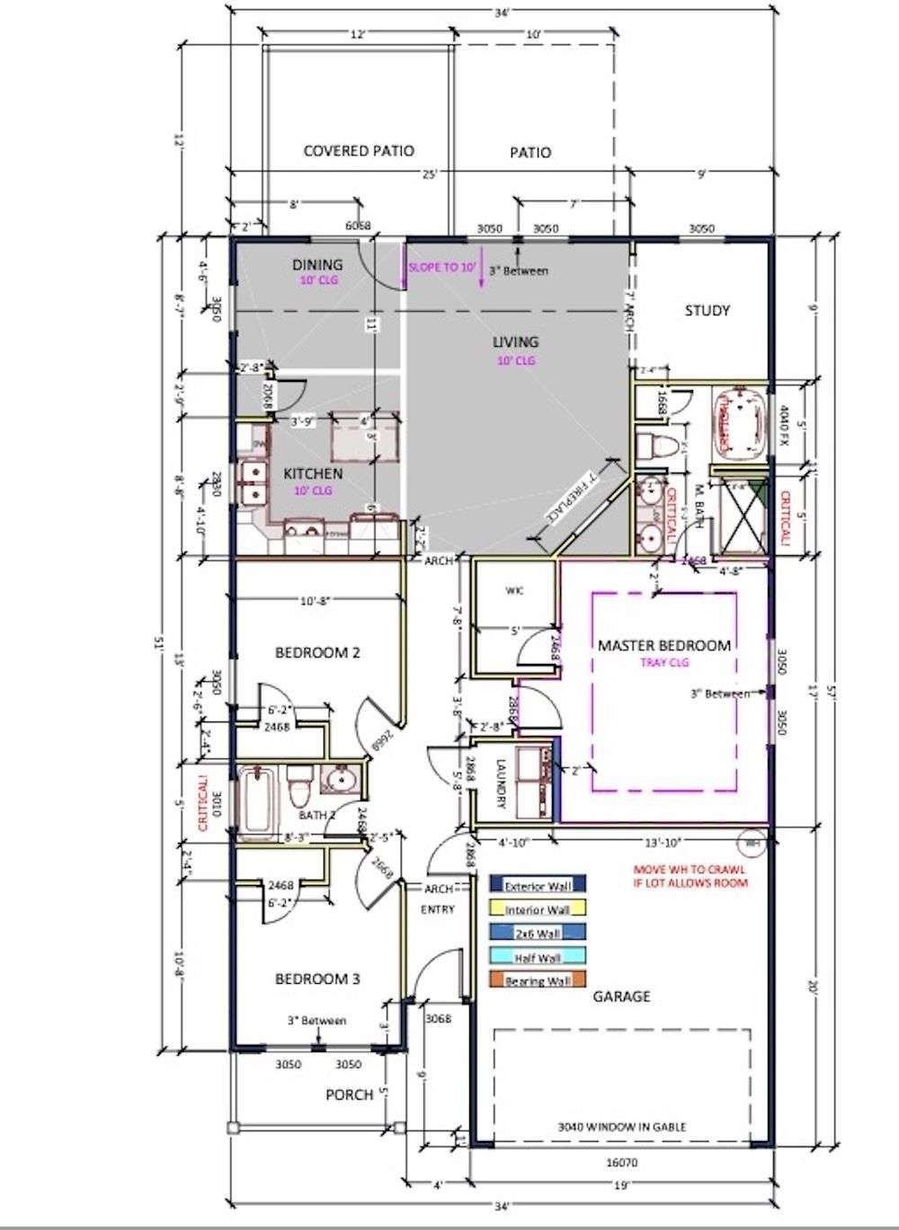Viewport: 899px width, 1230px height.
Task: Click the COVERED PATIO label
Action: pyautogui.click(x=359, y=151)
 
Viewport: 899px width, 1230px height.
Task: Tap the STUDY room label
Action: pyautogui.click(x=708, y=311)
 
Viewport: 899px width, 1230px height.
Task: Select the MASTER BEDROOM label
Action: pyautogui.click(x=664, y=645)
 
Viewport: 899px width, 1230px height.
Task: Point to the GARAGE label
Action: pyautogui.click(x=621, y=996)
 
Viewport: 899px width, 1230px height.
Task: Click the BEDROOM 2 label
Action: pyautogui.click(x=317, y=652)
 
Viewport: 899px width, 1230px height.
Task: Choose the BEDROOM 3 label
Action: pyautogui.click(x=317, y=978)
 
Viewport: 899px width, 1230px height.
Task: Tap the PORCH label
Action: pyautogui.click(x=349, y=1094)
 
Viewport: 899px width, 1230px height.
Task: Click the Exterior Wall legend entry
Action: pyautogui.click(x=537, y=886)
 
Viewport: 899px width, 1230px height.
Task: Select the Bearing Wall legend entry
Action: pyautogui.click(x=537, y=980)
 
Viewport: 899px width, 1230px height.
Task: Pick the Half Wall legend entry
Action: pyautogui.click(x=537, y=957)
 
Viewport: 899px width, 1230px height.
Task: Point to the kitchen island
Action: pyautogui.click(x=364, y=436)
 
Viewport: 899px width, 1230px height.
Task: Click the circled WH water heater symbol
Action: pyautogui.click(x=750, y=843)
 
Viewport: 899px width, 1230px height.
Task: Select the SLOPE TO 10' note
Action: pyautogui.click(x=441, y=268)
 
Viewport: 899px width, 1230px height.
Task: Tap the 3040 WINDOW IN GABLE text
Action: pyautogui.click(x=621, y=1126)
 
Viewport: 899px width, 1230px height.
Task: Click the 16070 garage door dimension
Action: pyautogui.click(x=621, y=1163)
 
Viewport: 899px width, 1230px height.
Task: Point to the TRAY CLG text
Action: pyautogui.click(x=664, y=662)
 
